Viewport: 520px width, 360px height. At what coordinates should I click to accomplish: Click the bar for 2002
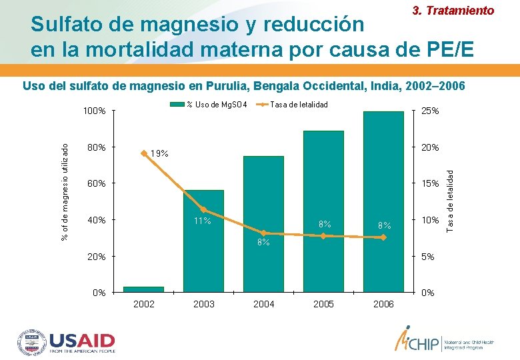tap(143, 289)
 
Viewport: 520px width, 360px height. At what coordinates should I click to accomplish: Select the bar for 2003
tap(203, 241)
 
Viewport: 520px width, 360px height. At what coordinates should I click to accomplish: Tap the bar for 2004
tap(263, 223)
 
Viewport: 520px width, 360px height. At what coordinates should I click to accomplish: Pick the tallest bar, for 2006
tap(383, 200)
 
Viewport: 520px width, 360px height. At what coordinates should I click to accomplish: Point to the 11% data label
tap(202, 221)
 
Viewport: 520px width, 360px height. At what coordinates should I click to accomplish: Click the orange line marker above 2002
tap(144, 153)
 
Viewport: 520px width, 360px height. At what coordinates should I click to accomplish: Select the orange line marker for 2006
tap(383, 237)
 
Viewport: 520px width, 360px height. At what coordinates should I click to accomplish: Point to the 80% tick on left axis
tap(97, 147)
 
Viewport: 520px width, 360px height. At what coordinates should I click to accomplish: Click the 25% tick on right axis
tap(429, 111)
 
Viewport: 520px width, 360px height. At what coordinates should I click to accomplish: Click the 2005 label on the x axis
tap(323, 304)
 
